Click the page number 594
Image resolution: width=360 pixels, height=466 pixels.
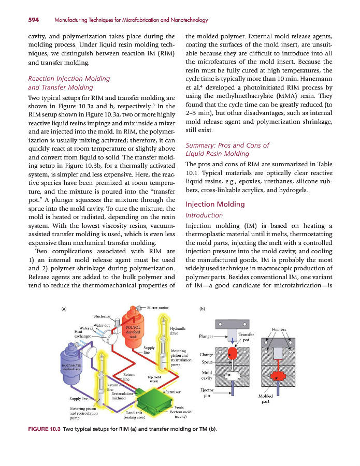pyautogui.click(x=19, y=20)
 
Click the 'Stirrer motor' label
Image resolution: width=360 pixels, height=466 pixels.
pyautogui.click(x=157, y=308)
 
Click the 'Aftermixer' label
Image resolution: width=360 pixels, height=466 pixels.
pyautogui.click(x=171, y=392)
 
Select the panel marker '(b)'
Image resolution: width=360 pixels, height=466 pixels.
pyautogui.click(x=203, y=309)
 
